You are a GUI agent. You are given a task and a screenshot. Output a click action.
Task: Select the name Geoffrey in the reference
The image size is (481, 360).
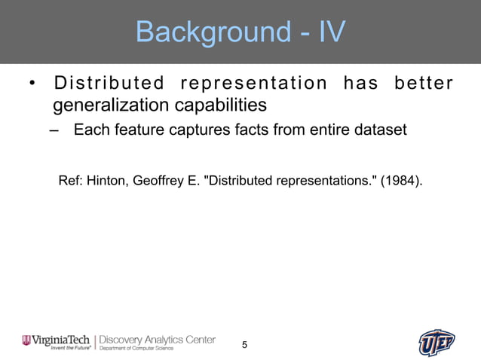pos(157,181)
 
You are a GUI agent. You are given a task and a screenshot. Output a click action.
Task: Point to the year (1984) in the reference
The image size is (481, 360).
pos(397,181)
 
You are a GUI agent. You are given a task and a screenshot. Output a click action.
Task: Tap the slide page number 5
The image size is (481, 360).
pos(244,345)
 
